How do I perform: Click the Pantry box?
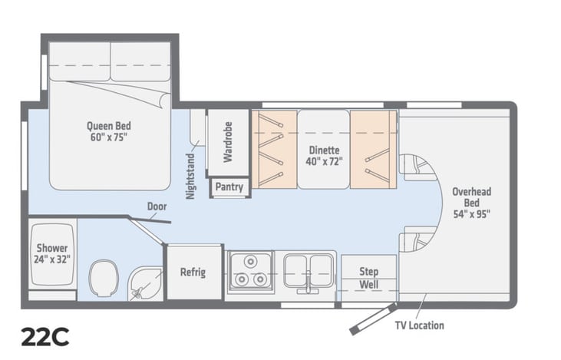click(229, 187)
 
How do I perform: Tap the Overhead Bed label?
click(471, 201)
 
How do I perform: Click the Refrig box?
click(193, 272)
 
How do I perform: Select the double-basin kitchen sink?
click(309, 271)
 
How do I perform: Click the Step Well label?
click(369, 278)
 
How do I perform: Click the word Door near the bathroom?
click(157, 206)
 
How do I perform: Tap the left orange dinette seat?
click(274, 149)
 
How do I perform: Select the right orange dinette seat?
click(374, 149)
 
